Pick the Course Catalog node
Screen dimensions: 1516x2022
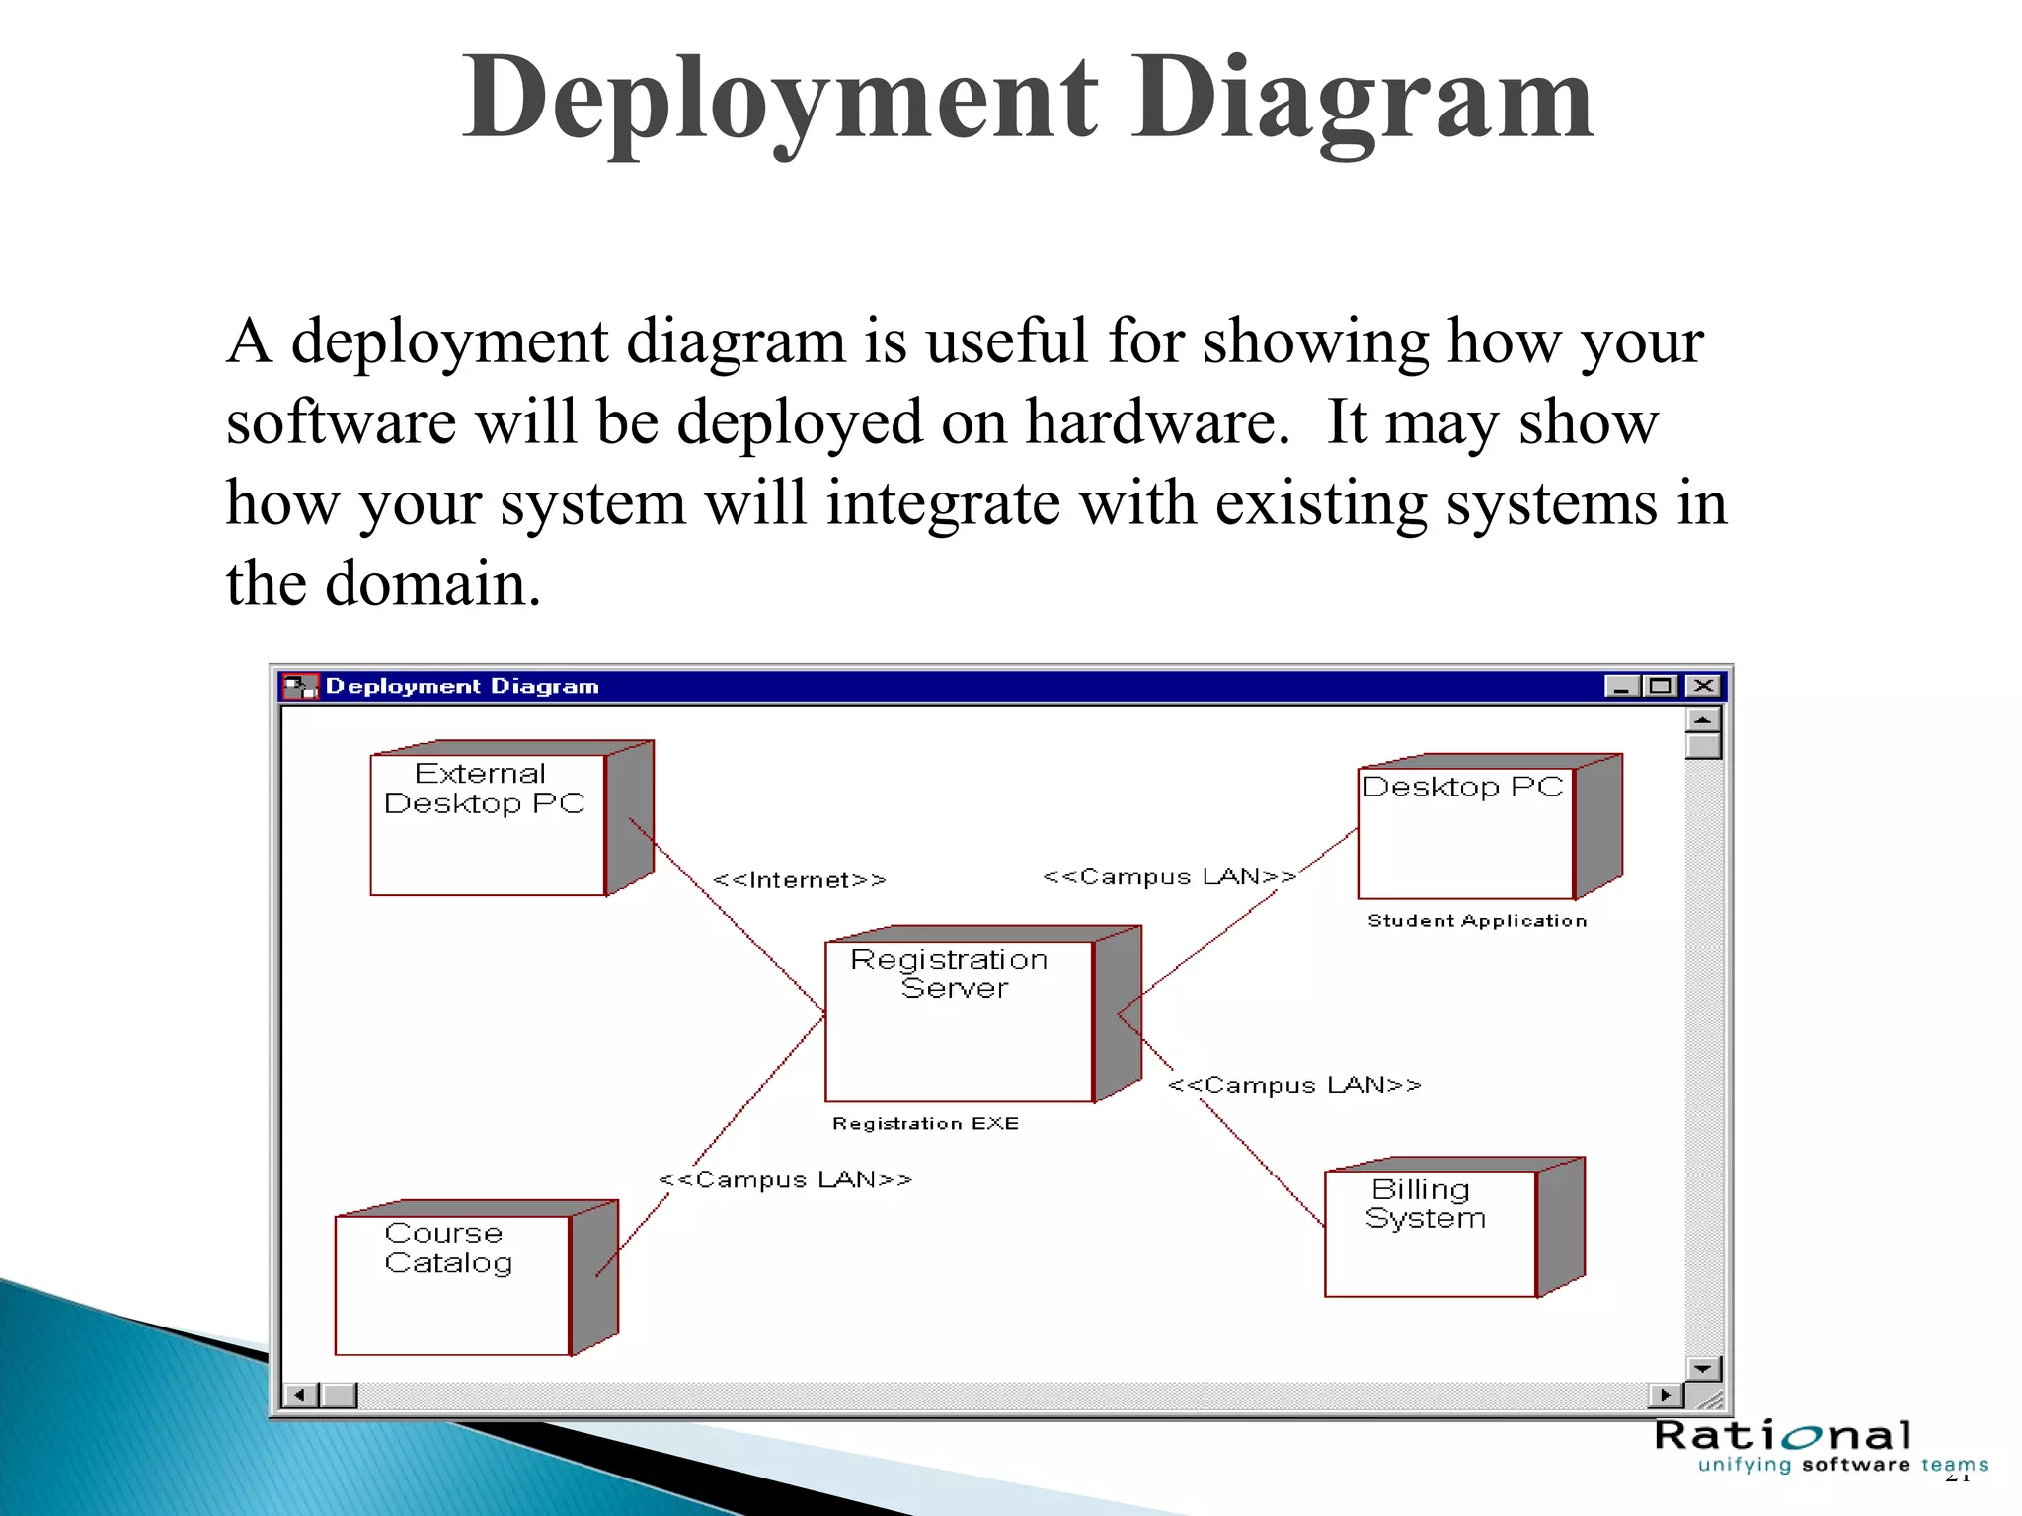452,1284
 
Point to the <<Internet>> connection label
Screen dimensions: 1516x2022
800,879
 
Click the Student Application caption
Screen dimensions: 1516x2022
1477,920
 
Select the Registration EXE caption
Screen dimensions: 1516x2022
925,1123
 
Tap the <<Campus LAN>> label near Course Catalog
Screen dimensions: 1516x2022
786,1179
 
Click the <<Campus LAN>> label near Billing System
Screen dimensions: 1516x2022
1294,1085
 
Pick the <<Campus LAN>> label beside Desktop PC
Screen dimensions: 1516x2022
1170,876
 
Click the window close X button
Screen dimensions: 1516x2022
1702,686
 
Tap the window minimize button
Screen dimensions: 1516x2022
1621,686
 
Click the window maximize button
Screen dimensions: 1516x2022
1662,686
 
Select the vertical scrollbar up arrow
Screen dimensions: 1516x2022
1703,720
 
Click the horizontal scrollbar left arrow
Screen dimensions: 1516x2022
300,1395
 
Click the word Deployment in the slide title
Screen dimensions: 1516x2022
780,99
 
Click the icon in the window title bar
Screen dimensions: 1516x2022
300,686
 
